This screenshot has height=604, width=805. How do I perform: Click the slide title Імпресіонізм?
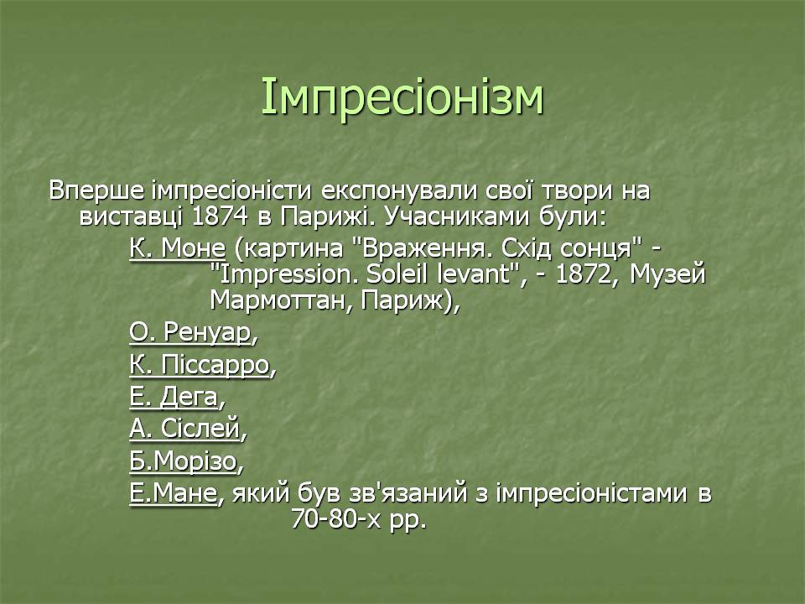click(x=402, y=96)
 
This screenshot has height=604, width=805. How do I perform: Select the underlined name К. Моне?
click(x=177, y=248)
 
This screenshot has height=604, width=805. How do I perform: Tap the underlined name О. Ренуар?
click(x=191, y=332)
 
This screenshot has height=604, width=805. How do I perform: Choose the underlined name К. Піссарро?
click(x=200, y=365)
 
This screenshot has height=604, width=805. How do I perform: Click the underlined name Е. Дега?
click(x=174, y=397)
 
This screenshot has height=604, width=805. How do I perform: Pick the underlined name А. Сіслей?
click(x=184, y=429)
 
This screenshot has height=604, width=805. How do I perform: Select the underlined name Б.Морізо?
click(x=184, y=461)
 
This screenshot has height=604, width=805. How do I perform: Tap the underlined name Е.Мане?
click(x=173, y=493)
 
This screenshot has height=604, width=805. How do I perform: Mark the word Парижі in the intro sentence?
click(x=324, y=216)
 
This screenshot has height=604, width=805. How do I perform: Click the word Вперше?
click(x=96, y=190)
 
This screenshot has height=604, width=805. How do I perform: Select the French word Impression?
click(x=284, y=274)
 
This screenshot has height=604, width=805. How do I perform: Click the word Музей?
click(x=667, y=274)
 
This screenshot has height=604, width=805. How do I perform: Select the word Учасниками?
click(x=456, y=216)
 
